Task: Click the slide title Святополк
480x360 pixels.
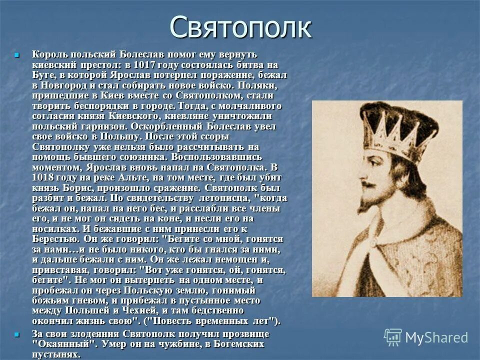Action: tap(240, 27)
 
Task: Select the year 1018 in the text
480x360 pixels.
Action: tap(44, 177)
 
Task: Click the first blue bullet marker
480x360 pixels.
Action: tap(16, 54)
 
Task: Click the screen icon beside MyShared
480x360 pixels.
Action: tap(393, 337)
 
